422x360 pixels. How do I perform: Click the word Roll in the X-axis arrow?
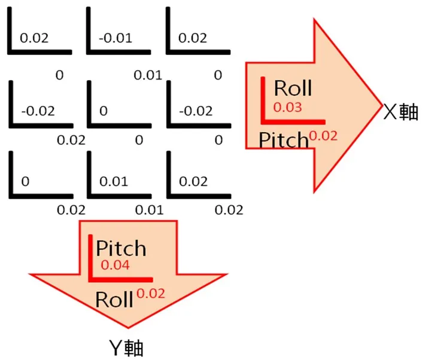point(293,89)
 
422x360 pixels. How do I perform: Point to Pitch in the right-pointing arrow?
point(283,140)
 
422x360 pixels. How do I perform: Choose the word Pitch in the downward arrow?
point(121,248)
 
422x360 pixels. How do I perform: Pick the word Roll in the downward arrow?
point(114,299)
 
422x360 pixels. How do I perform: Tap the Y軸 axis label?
point(126,347)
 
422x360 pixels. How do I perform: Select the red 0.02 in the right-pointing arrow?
point(324,135)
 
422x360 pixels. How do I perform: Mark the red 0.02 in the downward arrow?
point(151,293)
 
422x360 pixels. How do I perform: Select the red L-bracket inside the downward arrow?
point(92,276)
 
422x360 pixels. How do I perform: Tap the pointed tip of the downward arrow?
point(127,327)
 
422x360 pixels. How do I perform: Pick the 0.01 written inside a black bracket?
point(114,181)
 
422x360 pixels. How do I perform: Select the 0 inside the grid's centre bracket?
point(104,111)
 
